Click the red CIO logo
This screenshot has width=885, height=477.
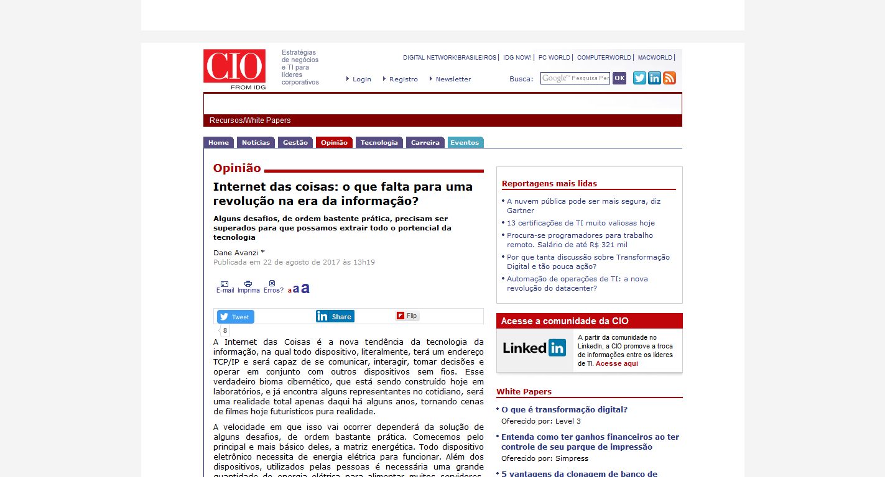(x=234, y=66)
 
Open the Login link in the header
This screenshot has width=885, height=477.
(x=361, y=79)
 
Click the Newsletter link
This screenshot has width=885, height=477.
(x=453, y=79)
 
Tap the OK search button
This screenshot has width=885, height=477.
(x=619, y=78)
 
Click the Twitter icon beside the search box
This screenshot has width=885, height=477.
(x=639, y=78)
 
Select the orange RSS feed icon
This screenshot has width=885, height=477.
(x=669, y=78)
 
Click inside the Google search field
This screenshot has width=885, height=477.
(x=575, y=78)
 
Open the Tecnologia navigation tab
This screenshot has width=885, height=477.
(x=379, y=142)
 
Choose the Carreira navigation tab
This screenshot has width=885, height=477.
(x=425, y=142)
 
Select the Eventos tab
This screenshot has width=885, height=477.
(x=465, y=142)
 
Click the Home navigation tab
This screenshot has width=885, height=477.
(x=218, y=142)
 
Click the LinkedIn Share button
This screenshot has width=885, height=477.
(x=335, y=316)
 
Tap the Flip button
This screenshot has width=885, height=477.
(x=407, y=316)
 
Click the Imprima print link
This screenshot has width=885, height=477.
(x=248, y=287)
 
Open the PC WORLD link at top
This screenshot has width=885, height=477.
(x=554, y=58)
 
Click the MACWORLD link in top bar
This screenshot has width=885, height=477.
(x=655, y=58)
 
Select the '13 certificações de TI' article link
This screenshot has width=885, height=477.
(x=580, y=223)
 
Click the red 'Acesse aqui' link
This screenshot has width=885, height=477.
(x=616, y=363)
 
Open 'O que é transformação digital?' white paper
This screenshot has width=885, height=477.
(x=564, y=410)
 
